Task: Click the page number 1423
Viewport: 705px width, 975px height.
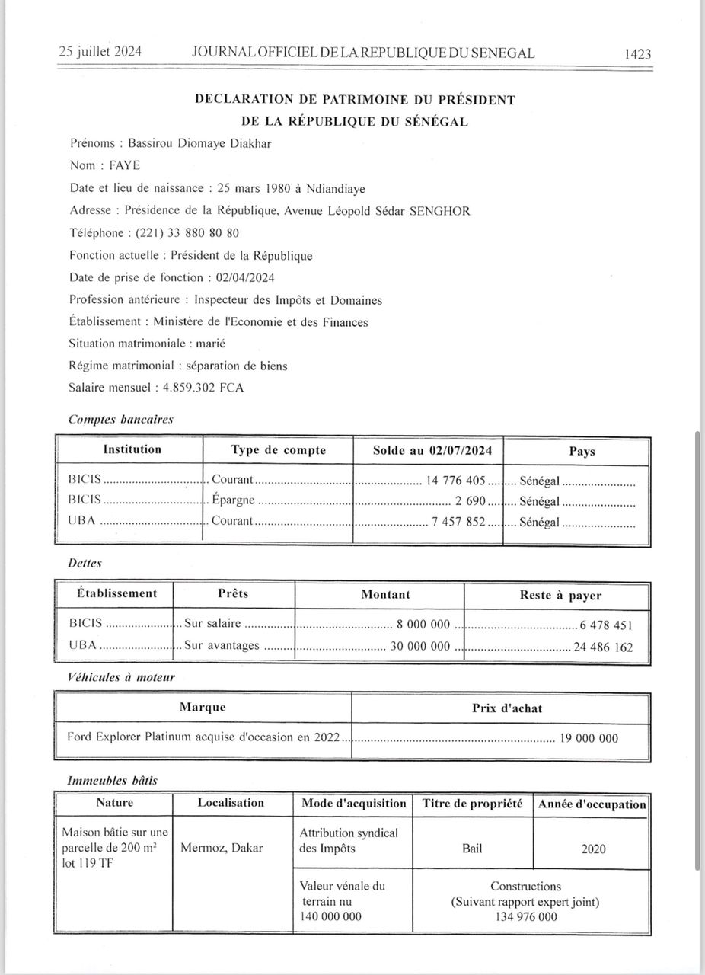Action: click(x=637, y=54)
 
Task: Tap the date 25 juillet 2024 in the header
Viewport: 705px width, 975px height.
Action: click(x=100, y=53)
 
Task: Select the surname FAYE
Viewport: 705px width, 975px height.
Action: click(x=125, y=165)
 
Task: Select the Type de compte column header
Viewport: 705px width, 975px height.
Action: click(x=278, y=450)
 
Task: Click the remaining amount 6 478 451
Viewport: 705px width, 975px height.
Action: click(x=606, y=625)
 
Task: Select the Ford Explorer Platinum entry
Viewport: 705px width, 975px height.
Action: click(x=206, y=737)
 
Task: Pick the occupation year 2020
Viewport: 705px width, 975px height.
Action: click(x=593, y=849)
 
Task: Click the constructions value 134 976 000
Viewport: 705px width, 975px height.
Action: click(x=525, y=917)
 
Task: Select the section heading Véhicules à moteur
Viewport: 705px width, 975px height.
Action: click(x=121, y=676)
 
